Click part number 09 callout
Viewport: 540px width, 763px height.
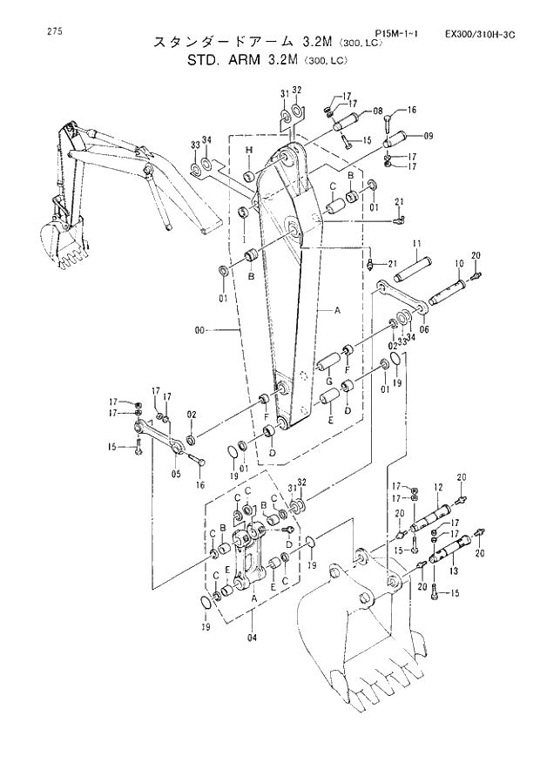[x=429, y=136]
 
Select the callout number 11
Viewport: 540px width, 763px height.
[x=417, y=242]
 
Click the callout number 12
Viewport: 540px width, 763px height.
[x=438, y=488]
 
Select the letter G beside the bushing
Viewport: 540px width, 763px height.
[x=329, y=381]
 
